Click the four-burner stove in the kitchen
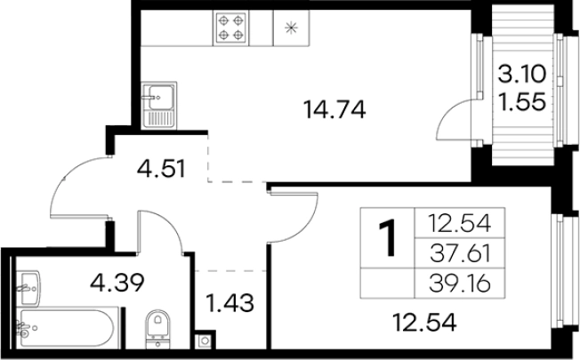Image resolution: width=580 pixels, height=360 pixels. tap(230, 28)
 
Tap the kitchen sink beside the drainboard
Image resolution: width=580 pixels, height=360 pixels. tap(159, 97)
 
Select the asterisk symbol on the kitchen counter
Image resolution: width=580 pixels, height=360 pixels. tap(292, 28)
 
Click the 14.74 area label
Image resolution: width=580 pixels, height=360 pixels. tap(334, 109)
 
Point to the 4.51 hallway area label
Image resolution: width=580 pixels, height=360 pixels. tap(161, 169)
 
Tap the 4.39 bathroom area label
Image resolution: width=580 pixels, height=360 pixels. tap(117, 283)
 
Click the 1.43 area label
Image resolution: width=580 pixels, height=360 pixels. tap(230, 303)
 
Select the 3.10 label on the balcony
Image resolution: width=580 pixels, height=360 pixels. tap(521, 74)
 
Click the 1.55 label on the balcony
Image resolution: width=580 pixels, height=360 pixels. tap(521, 101)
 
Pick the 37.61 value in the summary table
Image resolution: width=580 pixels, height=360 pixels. tap(461, 254)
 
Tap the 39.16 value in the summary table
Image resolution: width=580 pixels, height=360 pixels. tap(460, 284)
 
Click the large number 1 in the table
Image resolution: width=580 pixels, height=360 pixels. tap(387, 237)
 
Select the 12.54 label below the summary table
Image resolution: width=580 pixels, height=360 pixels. tap(424, 323)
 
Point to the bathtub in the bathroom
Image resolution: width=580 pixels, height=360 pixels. tap(67, 328)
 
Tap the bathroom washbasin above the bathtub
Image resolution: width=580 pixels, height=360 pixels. tap(28, 289)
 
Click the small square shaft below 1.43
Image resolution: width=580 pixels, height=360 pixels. tap(205, 340)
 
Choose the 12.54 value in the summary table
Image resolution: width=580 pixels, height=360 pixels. tap(460, 223)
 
